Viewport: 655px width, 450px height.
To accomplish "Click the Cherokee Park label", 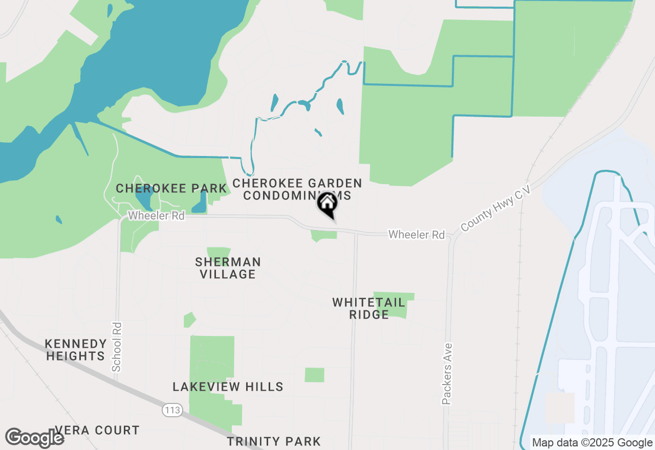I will pyautogui.click(x=171, y=189).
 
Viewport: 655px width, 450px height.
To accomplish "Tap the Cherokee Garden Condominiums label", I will pyautogui.click(x=297, y=189).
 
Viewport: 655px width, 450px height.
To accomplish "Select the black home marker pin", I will pyautogui.click(x=327, y=205).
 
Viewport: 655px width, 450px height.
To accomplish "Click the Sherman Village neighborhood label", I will pyautogui.click(x=228, y=268).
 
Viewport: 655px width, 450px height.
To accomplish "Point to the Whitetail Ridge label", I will pyautogui.click(x=369, y=308).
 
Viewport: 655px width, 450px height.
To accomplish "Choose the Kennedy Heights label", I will pyautogui.click(x=76, y=350).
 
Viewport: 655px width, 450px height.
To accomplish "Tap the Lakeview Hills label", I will pyautogui.click(x=228, y=387).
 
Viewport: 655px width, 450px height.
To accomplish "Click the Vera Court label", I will pyautogui.click(x=97, y=430).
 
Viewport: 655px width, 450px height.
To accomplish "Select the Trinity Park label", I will pyautogui.click(x=274, y=441).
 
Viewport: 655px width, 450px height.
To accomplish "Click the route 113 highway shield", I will pyautogui.click(x=172, y=410).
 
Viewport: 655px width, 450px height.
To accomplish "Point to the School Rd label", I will pyautogui.click(x=117, y=347).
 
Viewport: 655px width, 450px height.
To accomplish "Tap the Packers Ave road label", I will pyautogui.click(x=447, y=374).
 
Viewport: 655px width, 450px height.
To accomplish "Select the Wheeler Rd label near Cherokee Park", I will pyautogui.click(x=156, y=216).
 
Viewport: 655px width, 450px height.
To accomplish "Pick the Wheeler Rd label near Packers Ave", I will pyautogui.click(x=417, y=235).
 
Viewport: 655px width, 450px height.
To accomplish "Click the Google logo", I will pyautogui.click(x=35, y=438).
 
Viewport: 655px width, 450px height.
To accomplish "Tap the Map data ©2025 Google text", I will pyautogui.click(x=592, y=443).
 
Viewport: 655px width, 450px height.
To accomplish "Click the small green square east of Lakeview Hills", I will pyautogui.click(x=315, y=375).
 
